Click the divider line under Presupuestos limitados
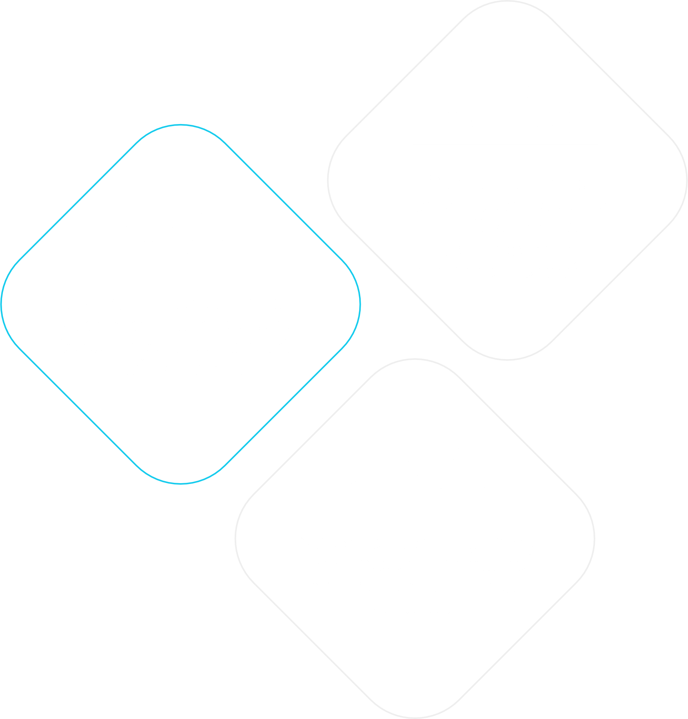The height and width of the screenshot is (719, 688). [180, 275]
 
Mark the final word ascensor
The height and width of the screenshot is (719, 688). [416, 608]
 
